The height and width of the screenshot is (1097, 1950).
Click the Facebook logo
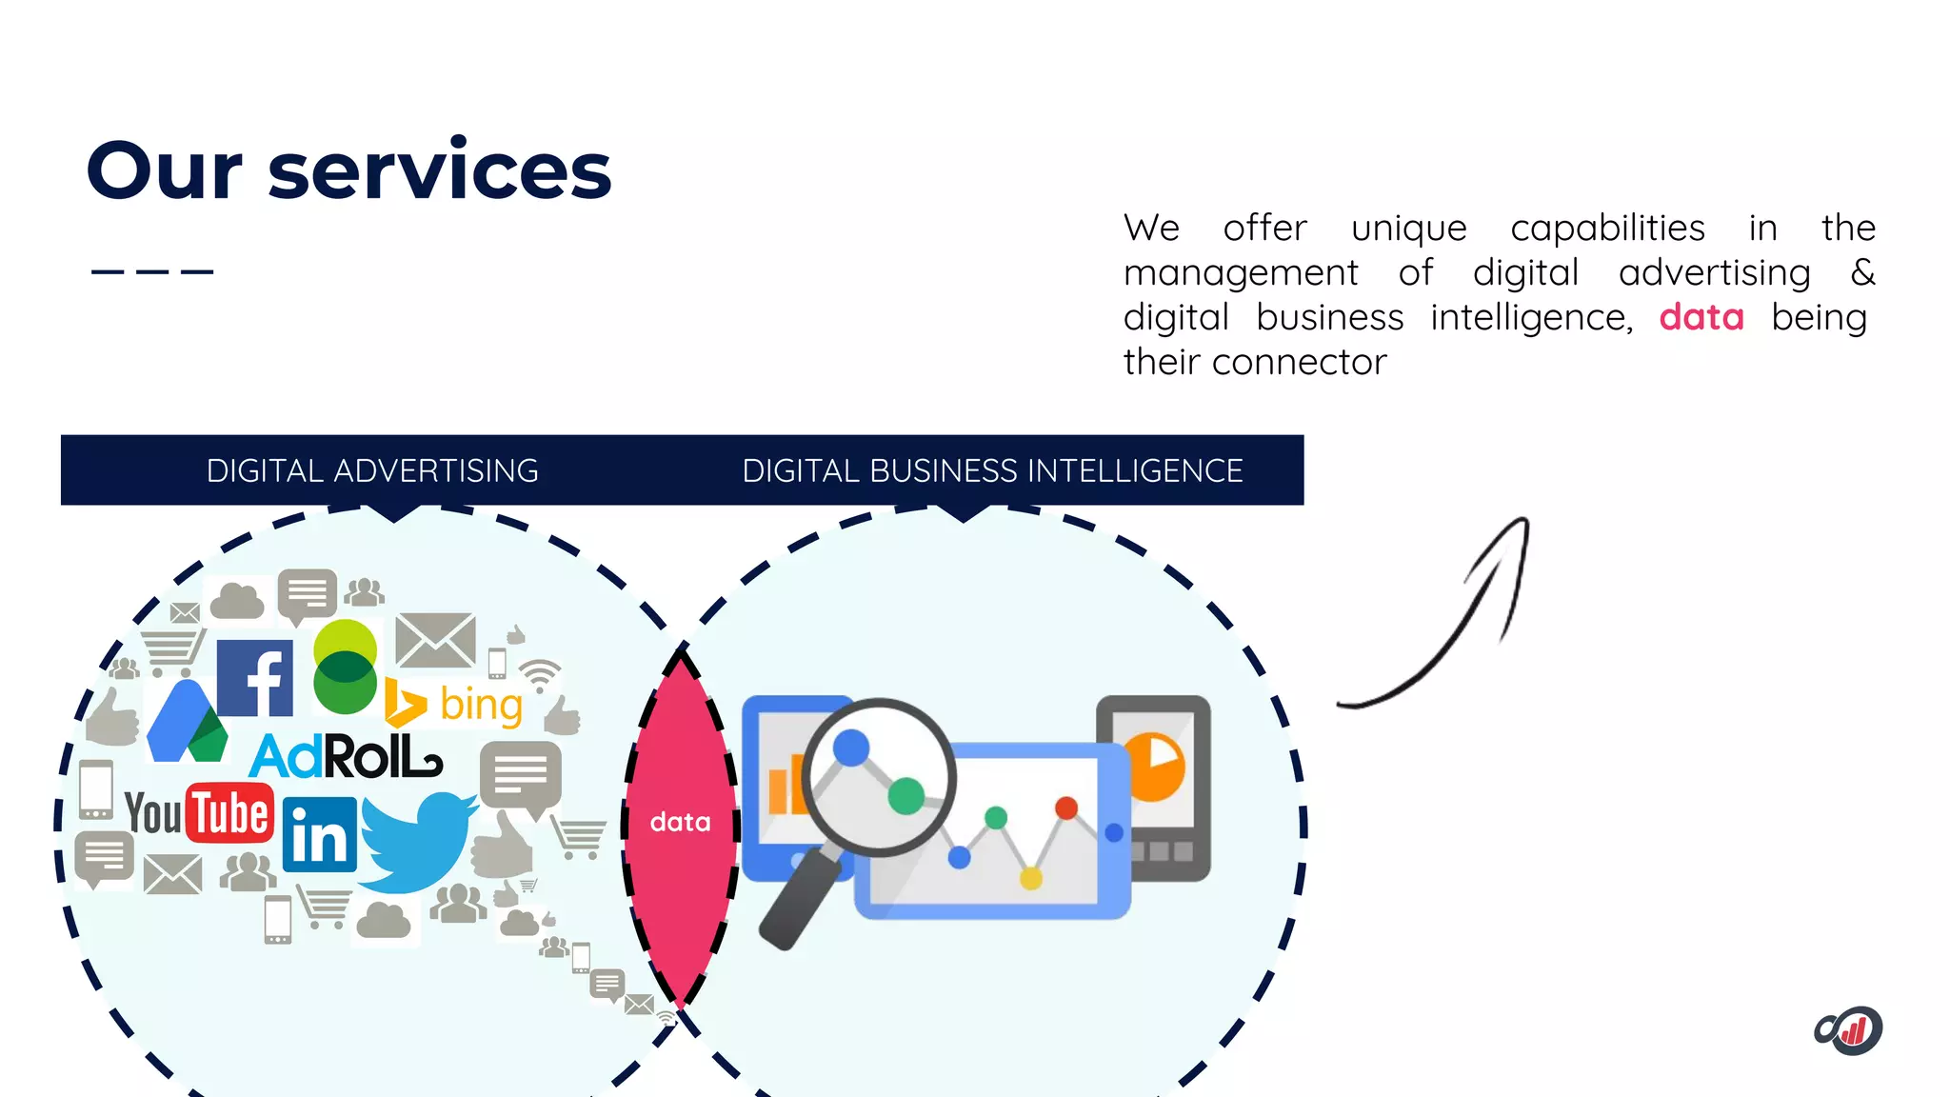(x=254, y=678)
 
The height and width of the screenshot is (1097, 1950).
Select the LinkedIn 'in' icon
(x=319, y=835)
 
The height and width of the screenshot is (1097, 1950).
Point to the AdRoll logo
(x=345, y=757)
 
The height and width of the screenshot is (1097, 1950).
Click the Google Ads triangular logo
(x=187, y=724)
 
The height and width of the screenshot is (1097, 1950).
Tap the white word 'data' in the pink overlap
(x=680, y=822)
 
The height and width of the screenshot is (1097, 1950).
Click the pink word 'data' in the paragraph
(x=1701, y=317)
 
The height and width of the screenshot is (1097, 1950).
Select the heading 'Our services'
(x=348, y=170)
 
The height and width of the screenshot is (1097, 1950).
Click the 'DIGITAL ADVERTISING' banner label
(x=372, y=470)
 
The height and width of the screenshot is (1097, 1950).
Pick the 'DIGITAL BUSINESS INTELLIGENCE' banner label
(x=992, y=470)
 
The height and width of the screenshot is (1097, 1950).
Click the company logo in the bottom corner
(x=1848, y=1030)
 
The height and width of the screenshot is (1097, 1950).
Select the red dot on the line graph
(x=1066, y=808)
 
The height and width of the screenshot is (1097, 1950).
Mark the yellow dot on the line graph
(x=1030, y=878)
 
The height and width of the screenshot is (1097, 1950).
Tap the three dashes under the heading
(x=152, y=272)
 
